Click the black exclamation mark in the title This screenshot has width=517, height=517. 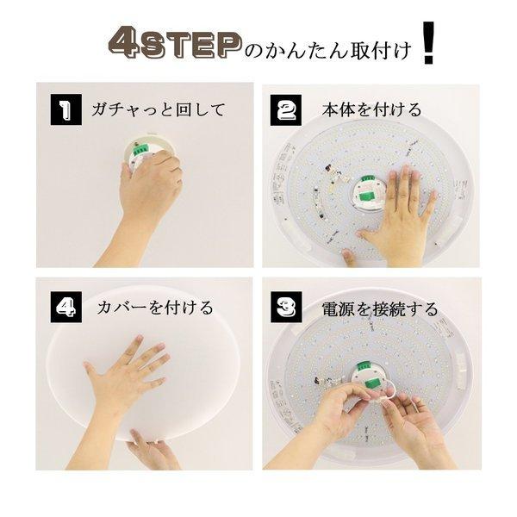click(427, 47)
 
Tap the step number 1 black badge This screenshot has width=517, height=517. click(64, 109)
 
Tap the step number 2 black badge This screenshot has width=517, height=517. click(288, 109)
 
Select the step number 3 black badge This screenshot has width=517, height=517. click(288, 307)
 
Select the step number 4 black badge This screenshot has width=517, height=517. click(64, 307)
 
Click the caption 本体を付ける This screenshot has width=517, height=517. click(371, 109)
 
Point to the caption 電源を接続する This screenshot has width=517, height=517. click(380, 308)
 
